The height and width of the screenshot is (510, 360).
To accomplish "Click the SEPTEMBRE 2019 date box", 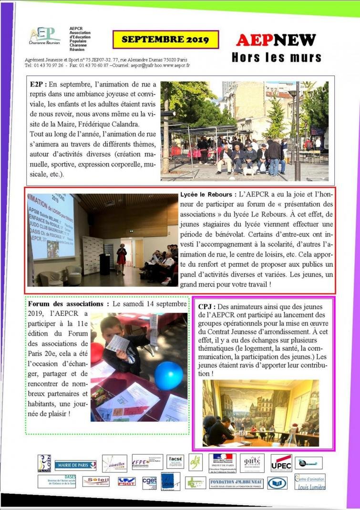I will click(165, 40).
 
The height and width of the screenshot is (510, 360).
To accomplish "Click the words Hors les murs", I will click(276, 58).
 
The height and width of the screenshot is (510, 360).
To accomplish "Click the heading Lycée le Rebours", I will click(206, 195).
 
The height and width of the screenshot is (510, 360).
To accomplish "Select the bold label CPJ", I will click(206, 306).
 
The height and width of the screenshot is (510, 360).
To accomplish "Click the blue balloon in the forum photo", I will click(168, 375).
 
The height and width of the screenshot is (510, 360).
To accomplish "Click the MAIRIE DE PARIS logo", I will click(75, 465).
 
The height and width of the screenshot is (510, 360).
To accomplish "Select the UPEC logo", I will click(281, 462).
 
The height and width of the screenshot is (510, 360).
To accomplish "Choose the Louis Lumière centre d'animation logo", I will click(310, 482).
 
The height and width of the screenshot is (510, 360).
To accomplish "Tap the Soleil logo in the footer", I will click(95, 481).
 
